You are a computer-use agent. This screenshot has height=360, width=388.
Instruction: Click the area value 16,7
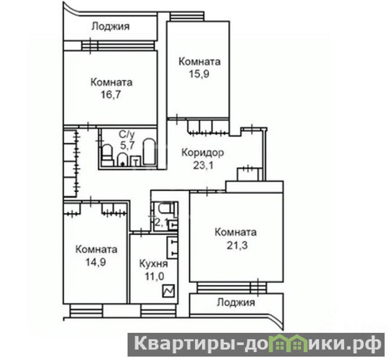[x=111, y=95]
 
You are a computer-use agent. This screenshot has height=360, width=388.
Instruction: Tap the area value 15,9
[x=199, y=74]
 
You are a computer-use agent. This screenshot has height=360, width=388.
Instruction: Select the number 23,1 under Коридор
[x=203, y=165]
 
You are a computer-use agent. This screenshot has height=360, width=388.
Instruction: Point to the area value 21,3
[x=237, y=245]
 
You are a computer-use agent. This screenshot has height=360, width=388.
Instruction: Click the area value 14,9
[x=96, y=262]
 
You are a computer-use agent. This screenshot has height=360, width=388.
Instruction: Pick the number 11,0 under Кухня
[x=154, y=277]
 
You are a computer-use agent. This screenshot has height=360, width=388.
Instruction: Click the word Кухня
[x=154, y=263]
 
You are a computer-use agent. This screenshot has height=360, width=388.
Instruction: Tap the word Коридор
[x=203, y=153]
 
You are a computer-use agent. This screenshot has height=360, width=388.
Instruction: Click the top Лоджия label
[x=111, y=26]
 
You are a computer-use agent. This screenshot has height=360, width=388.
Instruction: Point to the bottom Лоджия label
[x=236, y=303]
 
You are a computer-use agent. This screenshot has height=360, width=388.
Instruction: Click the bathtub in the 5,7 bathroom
[x=149, y=151]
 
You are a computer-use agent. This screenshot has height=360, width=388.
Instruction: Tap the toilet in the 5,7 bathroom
[x=107, y=155]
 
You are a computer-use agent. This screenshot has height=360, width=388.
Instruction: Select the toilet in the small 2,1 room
[x=165, y=209]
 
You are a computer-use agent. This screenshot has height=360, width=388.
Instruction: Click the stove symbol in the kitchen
[x=168, y=291]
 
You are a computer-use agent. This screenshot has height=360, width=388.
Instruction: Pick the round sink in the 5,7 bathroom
[x=122, y=159]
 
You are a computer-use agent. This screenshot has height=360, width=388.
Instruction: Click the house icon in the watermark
[x=288, y=344]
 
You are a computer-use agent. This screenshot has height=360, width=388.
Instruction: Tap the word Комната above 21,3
[x=236, y=232]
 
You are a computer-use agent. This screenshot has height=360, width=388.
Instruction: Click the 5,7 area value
[x=127, y=145]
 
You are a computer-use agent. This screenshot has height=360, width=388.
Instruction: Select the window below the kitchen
[x=159, y=311]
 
